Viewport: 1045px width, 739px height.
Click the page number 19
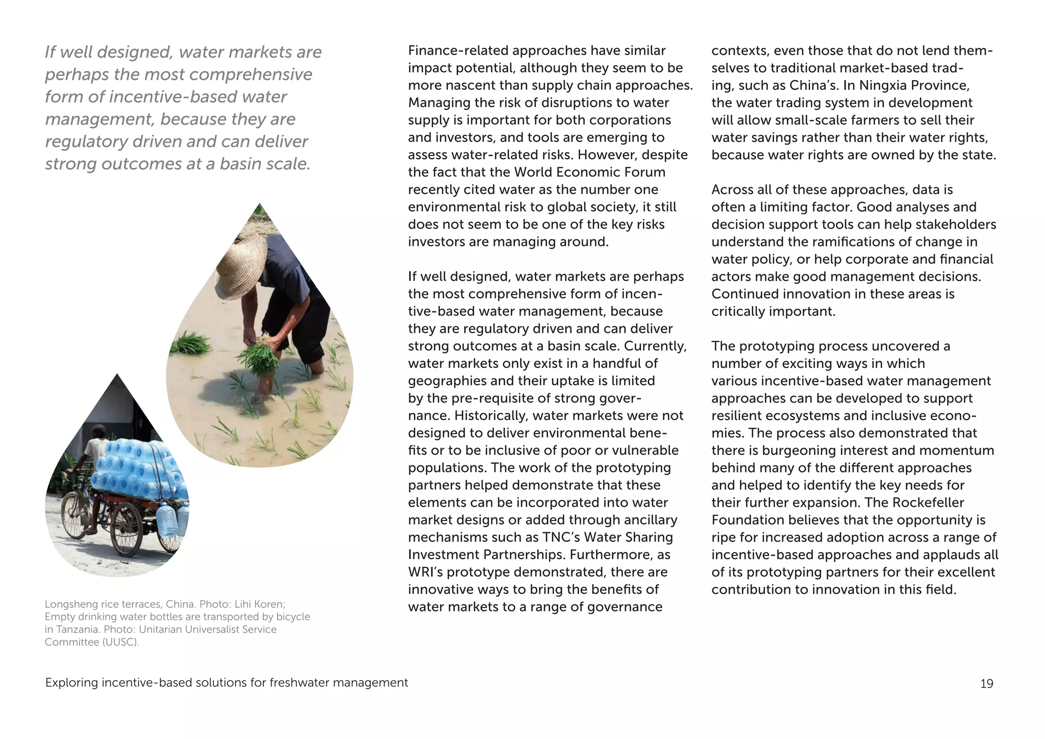[986, 683]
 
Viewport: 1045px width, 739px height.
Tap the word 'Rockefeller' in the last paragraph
[928, 502]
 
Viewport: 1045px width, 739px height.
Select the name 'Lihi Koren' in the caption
[259, 604]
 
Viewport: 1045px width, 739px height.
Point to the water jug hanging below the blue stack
[166, 520]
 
